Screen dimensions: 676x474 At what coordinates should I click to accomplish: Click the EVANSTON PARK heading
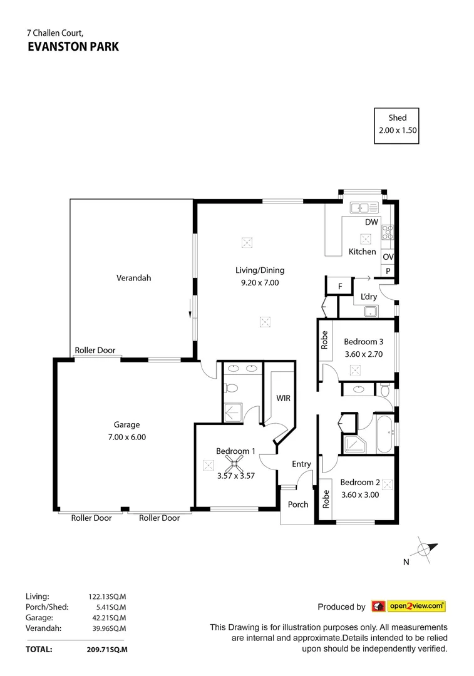[x=64, y=46]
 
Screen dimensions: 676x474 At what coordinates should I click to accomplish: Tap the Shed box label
[x=397, y=118]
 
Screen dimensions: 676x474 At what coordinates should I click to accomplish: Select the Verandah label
[x=134, y=278]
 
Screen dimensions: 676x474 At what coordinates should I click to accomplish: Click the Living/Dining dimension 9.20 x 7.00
[x=260, y=282]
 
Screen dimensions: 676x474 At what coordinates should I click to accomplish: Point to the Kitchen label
[x=362, y=252]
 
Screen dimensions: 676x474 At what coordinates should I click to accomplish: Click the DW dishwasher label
[x=371, y=222]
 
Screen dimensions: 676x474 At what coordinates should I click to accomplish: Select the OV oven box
[x=388, y=257]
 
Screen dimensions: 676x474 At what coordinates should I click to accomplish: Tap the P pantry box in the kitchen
[x=388, y=271]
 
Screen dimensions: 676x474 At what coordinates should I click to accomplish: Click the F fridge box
[x=340, y=287]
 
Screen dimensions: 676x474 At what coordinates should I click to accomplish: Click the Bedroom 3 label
[x=363, y=342]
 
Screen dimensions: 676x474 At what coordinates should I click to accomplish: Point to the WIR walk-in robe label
[x=283, y=398]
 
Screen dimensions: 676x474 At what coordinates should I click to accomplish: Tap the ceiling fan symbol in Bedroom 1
[x=236, y=464]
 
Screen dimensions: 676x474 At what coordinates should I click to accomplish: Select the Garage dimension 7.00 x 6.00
[x=126, y=437]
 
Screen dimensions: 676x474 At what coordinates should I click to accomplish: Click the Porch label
[x=298, y=504]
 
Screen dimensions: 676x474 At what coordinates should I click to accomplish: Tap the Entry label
[x=301, y=464]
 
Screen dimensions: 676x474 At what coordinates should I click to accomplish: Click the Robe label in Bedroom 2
[x=326, y=499]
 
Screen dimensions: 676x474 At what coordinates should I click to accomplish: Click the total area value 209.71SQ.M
[x=107, y=650]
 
